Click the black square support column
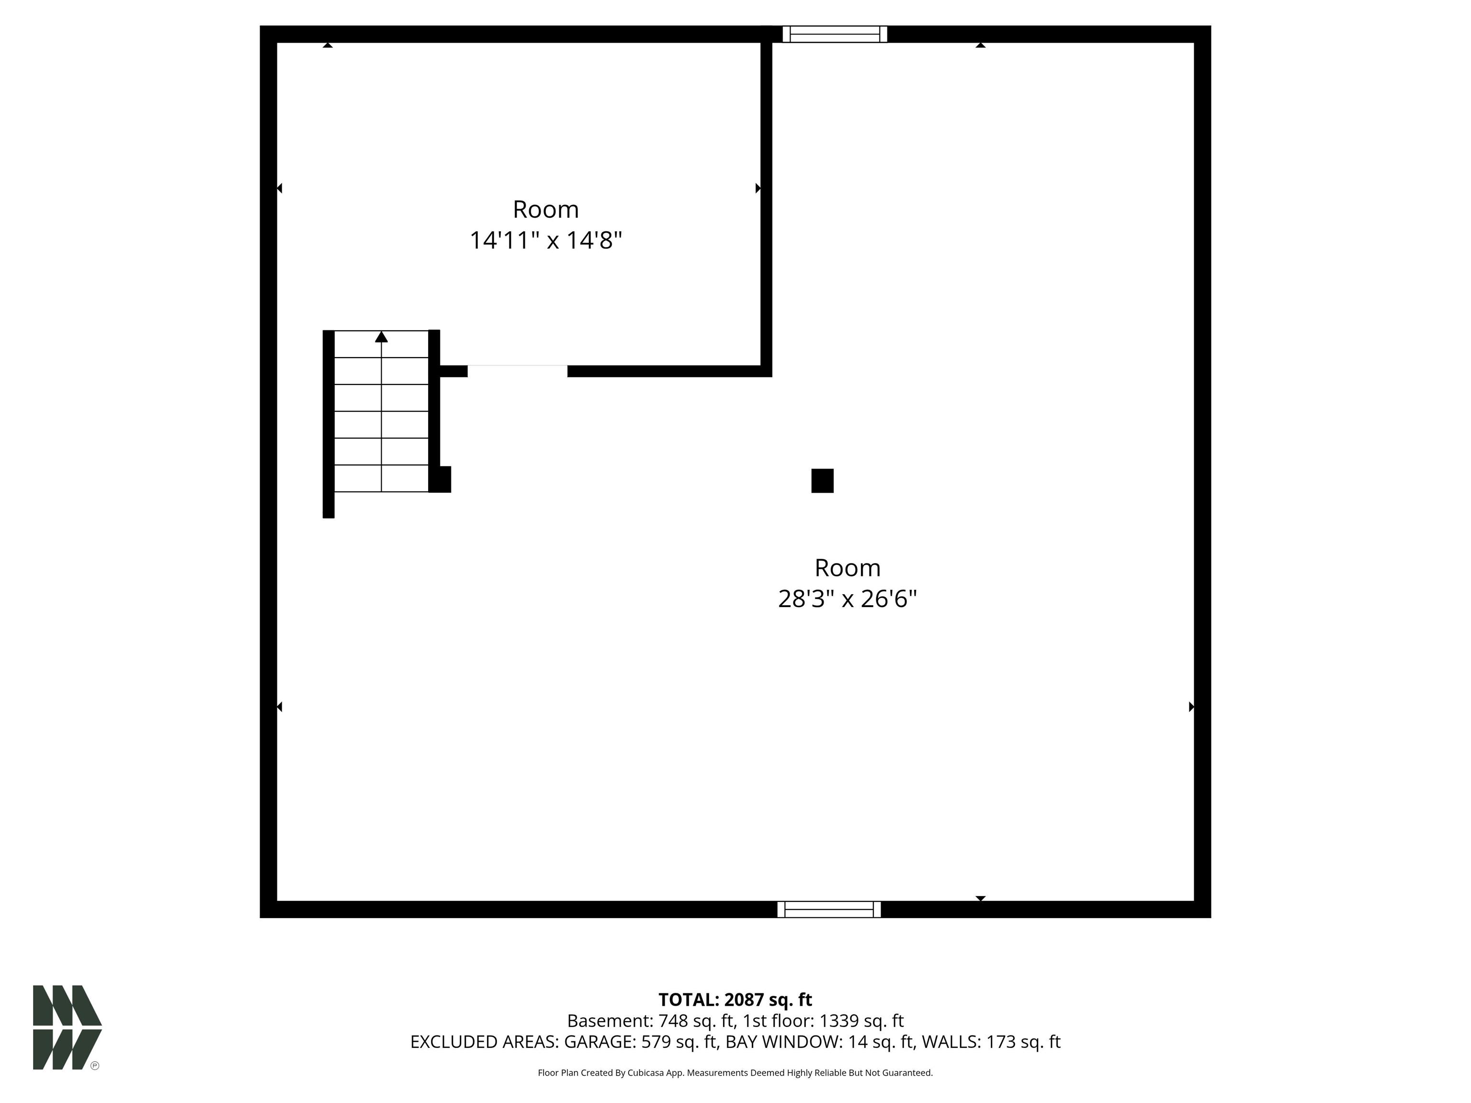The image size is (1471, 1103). point(822,481)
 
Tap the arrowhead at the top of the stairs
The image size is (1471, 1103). point(381,337)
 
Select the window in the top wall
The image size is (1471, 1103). point(835,34)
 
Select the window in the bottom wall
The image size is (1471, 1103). point(829,909)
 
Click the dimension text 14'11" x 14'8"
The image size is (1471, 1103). point(545,240)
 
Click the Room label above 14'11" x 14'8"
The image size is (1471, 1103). point(545,209)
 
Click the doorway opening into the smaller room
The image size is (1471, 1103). point(517,371)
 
